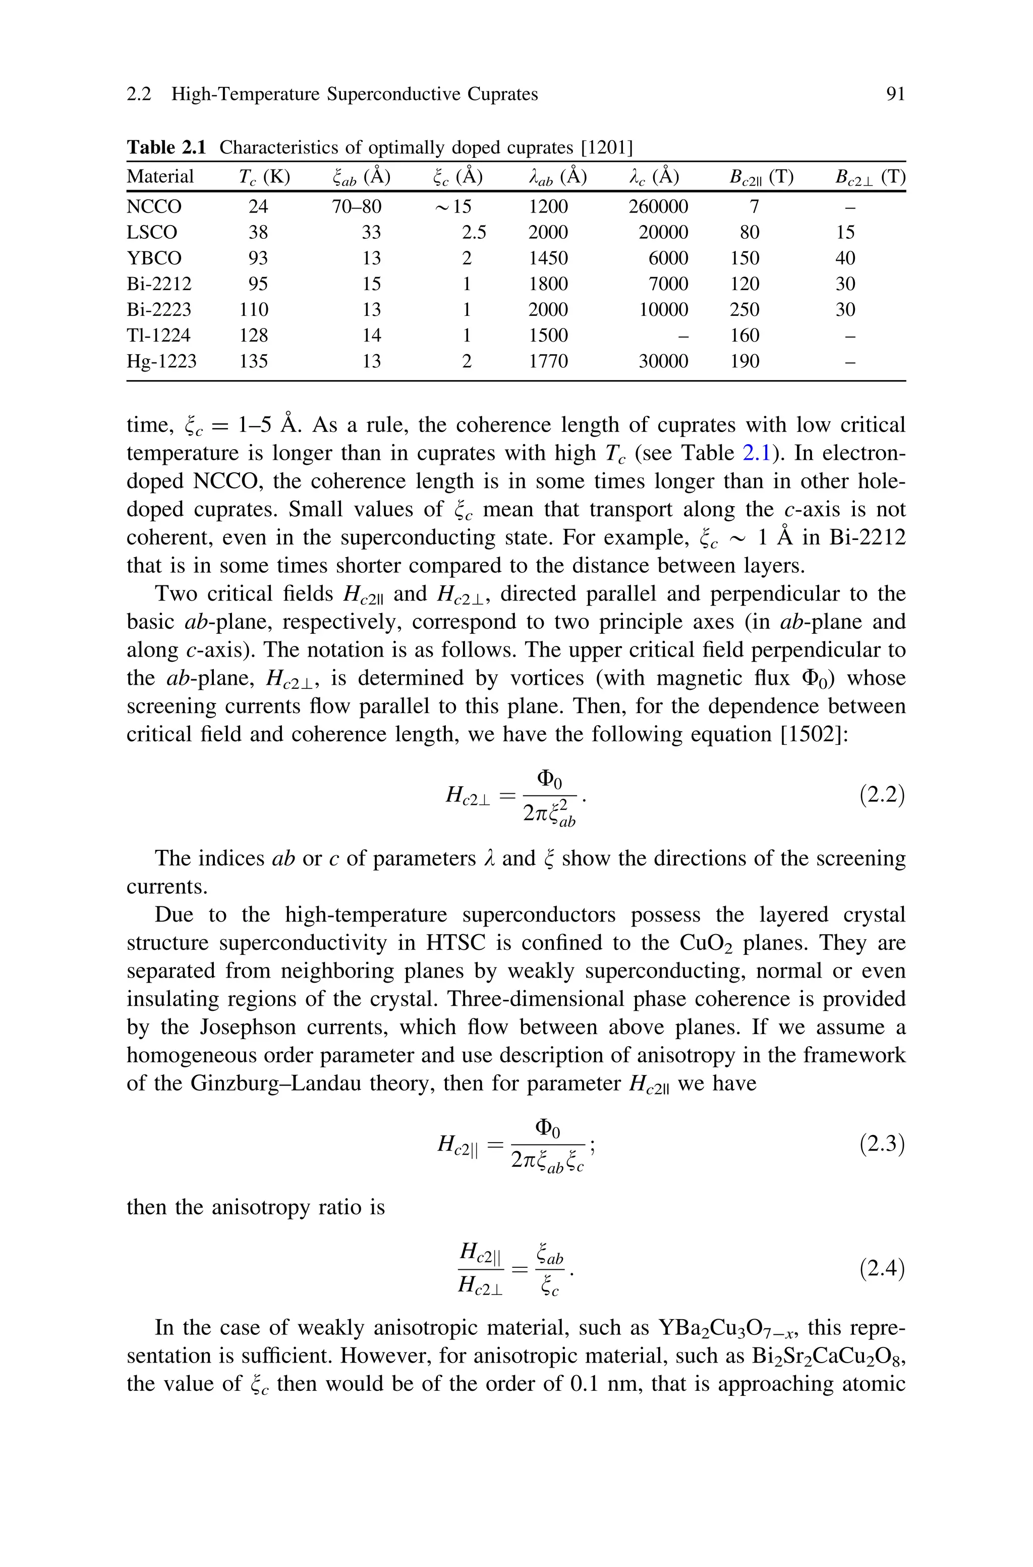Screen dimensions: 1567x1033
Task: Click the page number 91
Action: tap(895, 94)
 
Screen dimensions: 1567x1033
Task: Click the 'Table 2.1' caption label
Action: tap(166, 147)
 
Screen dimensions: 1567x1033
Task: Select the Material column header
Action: tap(160, 177)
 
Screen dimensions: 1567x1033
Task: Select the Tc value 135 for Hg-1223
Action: tap(254, 361)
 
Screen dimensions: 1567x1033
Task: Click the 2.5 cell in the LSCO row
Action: tap(474, 233)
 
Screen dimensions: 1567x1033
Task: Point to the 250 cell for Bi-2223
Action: tap(744, 310)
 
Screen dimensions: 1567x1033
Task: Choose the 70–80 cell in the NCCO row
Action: tap(357, 207)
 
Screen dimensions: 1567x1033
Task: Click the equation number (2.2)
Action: tap(882, 795)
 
